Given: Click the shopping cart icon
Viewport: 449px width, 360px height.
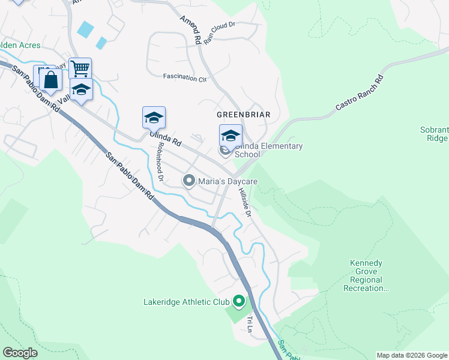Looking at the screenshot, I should tap(80, 67).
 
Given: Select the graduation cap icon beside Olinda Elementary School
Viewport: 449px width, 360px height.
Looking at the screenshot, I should tap(231, 136).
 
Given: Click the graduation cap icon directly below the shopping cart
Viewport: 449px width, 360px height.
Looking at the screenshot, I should tap(81, 89).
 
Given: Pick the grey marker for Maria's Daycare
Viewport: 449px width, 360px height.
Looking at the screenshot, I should tap(189, 181).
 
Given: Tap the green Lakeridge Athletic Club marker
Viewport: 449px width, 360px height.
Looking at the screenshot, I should tap(238, 301).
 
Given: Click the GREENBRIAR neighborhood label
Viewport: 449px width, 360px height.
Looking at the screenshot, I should tap(244, 114).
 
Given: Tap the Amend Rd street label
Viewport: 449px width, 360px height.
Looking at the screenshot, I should tap(190, 28).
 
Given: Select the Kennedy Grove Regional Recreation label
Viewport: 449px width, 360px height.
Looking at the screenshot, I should tap(367, 276).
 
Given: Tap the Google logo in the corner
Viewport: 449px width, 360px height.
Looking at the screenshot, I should tap(20, 353).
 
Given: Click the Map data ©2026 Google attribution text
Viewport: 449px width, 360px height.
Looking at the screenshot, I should tap(412, 355).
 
